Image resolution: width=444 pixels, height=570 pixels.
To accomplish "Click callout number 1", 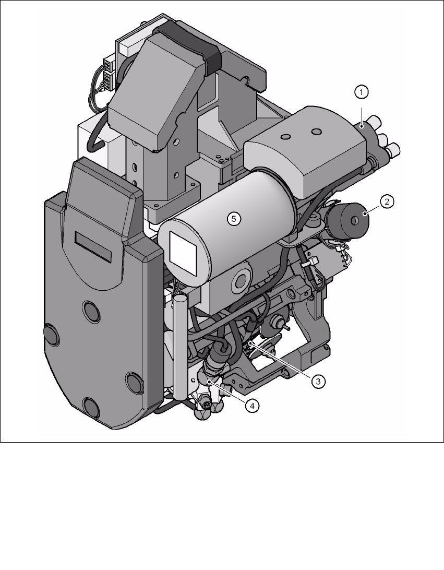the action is pyautogui.click(x=361, y=92).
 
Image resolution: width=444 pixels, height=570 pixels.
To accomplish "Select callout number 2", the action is pyautogui.click(x=387, y=201).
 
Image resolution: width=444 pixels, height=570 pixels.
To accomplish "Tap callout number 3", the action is pyautogui.click(x=319, y=382).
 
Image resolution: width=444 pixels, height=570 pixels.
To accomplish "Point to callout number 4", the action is pyautogui.click(x=252, y=406).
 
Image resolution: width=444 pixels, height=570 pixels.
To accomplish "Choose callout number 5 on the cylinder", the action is pyautogui.click(x=234, y=219).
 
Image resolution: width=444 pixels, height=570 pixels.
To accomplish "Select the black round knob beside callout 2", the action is pyautogui.click(x=349, y=221).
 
